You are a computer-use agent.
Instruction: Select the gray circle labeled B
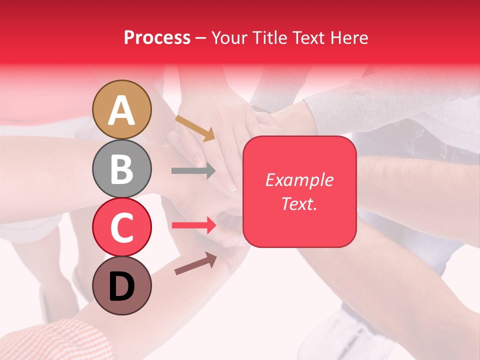point(121,168)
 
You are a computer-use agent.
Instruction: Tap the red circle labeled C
point(121,227)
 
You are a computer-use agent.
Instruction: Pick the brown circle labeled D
point(121,285)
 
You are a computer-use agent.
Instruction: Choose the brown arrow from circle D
point(195,263)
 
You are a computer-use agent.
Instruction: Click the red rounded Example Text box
point(299,191)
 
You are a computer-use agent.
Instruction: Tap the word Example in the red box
point(299,180)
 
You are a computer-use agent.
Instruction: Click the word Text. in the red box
point(299,203)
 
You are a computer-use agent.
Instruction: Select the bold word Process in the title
point(157,37)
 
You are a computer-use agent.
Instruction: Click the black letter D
point(121,287)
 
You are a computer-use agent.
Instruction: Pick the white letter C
point(121,228)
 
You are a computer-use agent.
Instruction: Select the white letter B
point(121,169)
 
